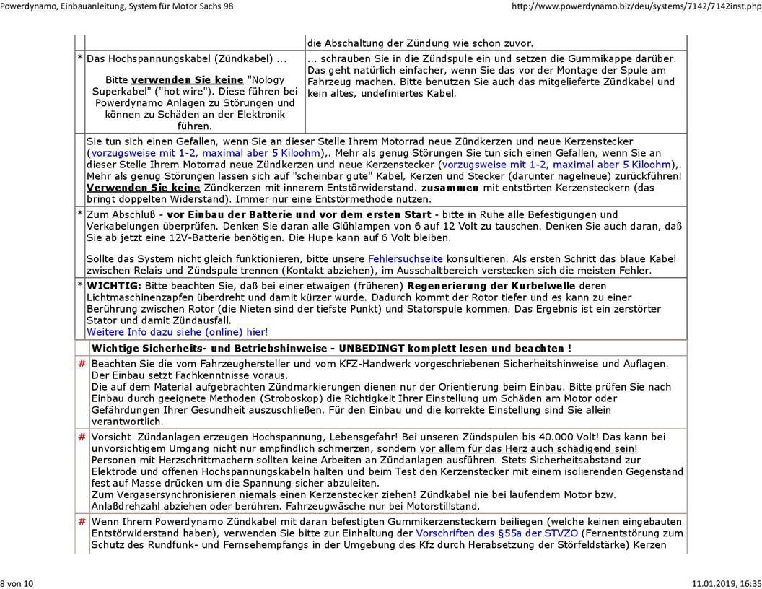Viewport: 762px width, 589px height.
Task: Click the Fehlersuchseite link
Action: [x=405, y=258]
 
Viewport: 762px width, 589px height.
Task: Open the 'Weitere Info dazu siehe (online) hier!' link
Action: [x=177, y=332]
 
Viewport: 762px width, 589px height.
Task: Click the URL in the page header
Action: [x=636, y=6]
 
